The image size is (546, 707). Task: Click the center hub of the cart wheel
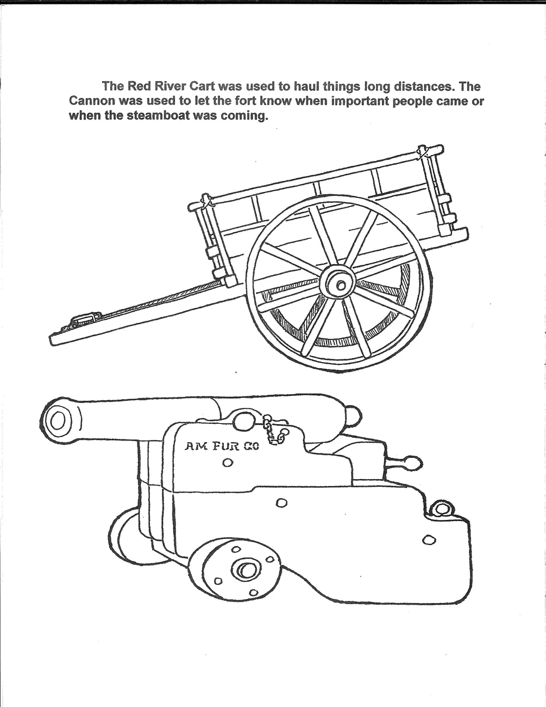pos(341,284)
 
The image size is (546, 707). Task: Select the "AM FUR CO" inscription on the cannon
pos(222,446)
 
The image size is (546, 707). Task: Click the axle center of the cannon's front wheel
pos(247,570)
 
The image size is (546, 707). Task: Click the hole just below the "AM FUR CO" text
pos(228,463)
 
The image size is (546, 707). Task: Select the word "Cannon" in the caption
pos(91,101)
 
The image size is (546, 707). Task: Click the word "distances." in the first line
pos(410,86)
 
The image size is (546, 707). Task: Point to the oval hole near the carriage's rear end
pos(429,540)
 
